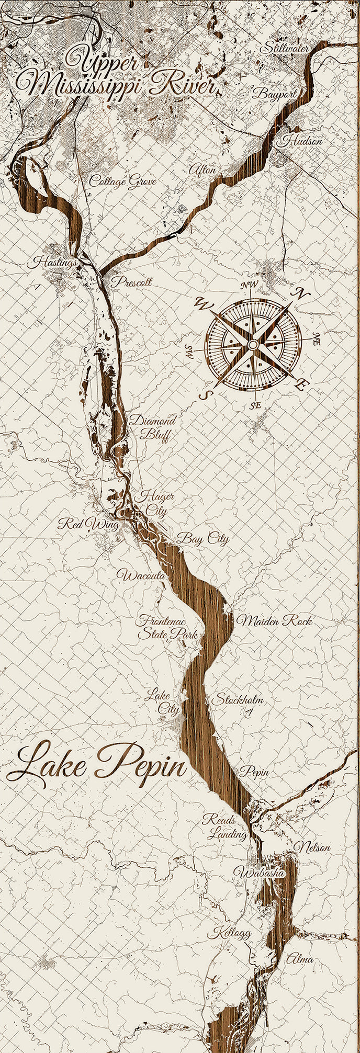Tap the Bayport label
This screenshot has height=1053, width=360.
(x=274, y=94)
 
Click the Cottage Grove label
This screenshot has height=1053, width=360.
(x=123, y=181)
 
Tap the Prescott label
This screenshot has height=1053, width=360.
(x=131, y=282)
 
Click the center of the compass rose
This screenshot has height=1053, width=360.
(x=252, y=344)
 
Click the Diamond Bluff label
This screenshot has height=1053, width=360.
(x=152, y=427)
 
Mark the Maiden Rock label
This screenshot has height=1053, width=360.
(x=275, y=621)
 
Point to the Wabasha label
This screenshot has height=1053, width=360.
(x=259, y=873)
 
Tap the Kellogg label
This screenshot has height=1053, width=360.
(x=229, y=933)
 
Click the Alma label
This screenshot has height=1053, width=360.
(x=299, y=959)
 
